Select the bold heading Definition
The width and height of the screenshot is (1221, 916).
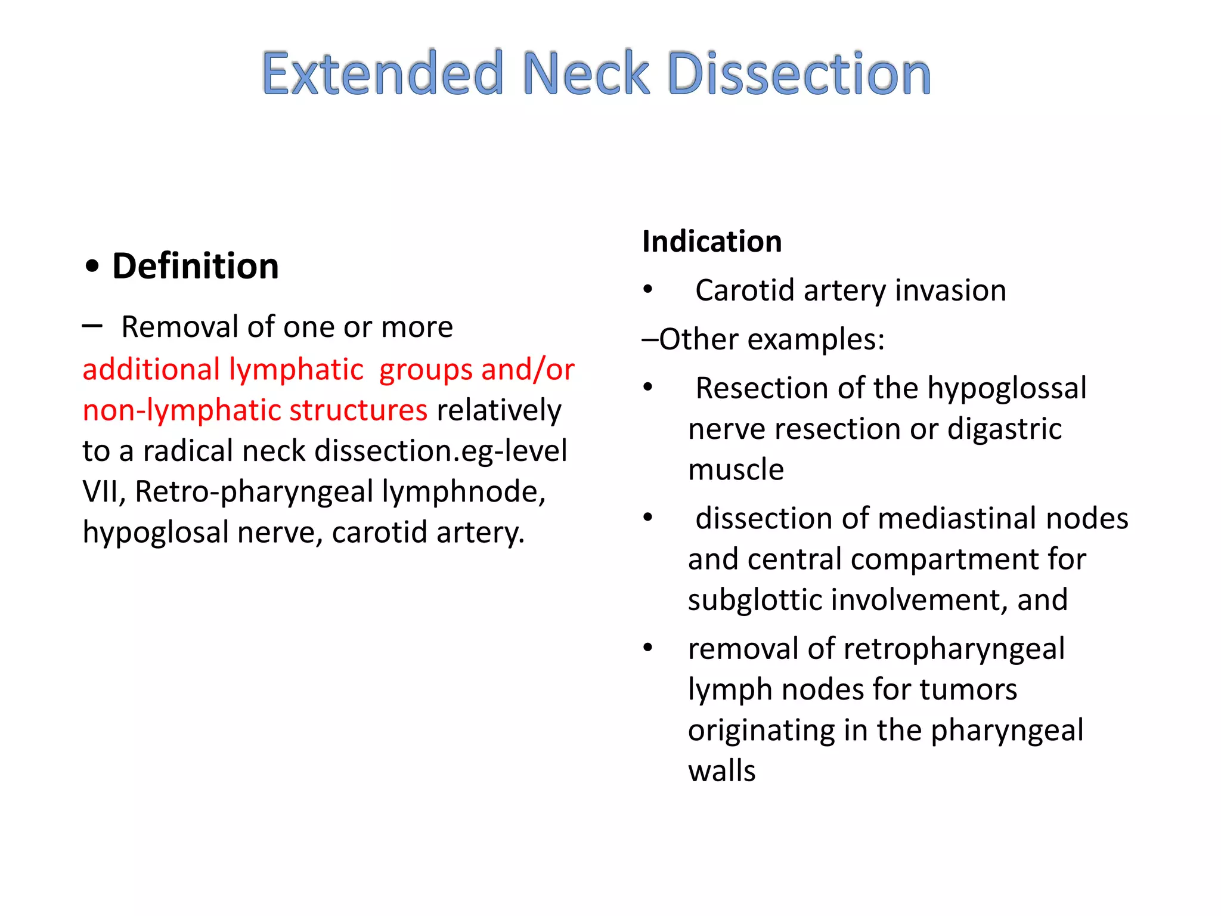click(x=196, y=266)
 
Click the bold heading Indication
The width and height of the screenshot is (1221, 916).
click(x=712, y=242)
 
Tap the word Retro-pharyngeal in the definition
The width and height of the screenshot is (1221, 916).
click(x=255, y=492)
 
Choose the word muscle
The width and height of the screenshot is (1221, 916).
click(x=736, y=469)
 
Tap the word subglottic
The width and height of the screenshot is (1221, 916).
click(x=754, y=599)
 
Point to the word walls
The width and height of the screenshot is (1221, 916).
click(x=721, y=770)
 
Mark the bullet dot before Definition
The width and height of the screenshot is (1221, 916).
click(x=92, y=267)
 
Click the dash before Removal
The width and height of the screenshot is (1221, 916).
click(x=92, y=326)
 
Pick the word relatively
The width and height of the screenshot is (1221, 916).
click(x=499, y=410)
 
